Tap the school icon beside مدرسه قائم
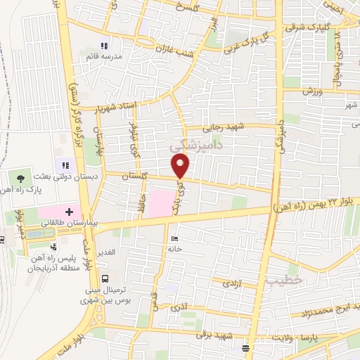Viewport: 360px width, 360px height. (x=104, y=46)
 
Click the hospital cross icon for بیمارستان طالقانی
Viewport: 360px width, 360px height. (x=69, y=210)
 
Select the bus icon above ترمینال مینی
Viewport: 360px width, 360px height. (x=105, y=278)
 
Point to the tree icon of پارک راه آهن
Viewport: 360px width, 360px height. (x=20, y=179)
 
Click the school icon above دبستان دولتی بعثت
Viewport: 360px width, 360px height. (x=75, y=165)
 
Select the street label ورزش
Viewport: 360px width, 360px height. (x=312, y=91)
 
